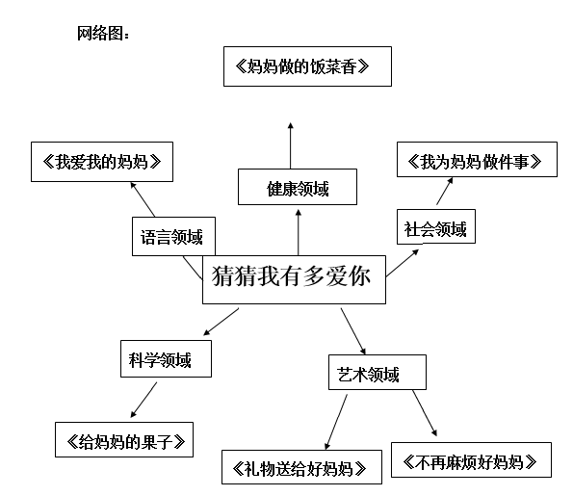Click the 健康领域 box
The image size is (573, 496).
pyautogui.click(x=298, y=187)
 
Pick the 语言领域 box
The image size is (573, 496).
pyautogui.click(x=172, y=235)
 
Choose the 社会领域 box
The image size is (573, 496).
pyautogui.click(x=434, y=228)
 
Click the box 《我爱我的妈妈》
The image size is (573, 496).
pyautogui.click(x=101, y=161)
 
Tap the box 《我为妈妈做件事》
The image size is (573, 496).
pyautogui.click(x=476, y=160)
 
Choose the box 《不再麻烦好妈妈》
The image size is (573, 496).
pyautogui.click(x=472, y=459)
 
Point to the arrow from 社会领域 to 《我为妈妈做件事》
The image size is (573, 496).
pyautogui.click(x=443, y=193)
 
